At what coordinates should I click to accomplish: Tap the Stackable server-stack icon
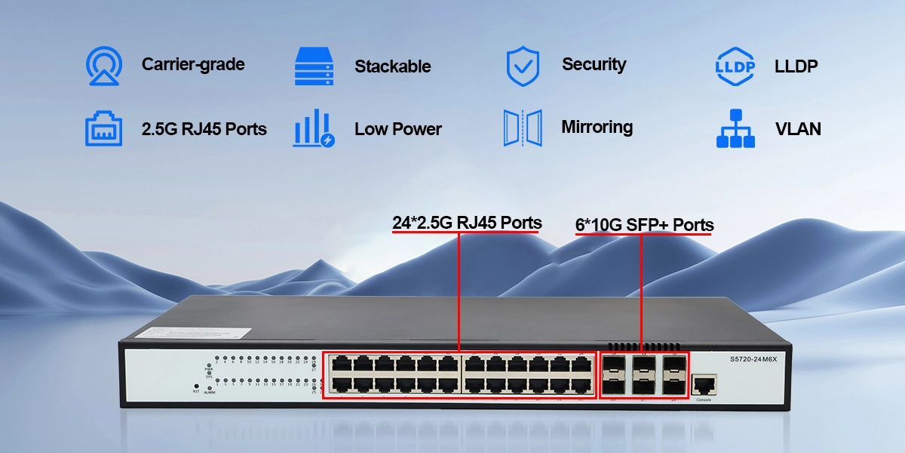(x=313, y=66)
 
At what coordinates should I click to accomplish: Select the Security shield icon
(x=523, y=66)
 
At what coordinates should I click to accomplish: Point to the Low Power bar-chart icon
(x=313, y=128)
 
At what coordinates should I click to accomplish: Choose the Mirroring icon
(x=523, y=128)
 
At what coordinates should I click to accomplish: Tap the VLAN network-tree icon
(x=735, y=128)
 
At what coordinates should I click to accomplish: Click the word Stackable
(x=392, y=66)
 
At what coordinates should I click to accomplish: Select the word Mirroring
(x=597, y=127)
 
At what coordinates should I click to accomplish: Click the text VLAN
(x=798, y=129)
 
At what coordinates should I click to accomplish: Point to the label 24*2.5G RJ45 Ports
(x=467, y=223)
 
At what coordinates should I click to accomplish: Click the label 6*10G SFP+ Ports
(x=644, y=225)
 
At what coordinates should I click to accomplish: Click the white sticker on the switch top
(x=208, y=333)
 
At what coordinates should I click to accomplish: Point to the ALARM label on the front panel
(x=210, y=393)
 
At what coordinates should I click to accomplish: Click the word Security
(x=594, y=64)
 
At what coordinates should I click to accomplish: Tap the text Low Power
(x=397, y=129)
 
